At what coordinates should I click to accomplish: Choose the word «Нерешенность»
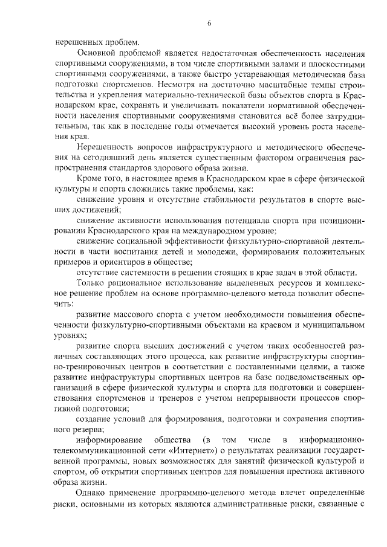point(106,147)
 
